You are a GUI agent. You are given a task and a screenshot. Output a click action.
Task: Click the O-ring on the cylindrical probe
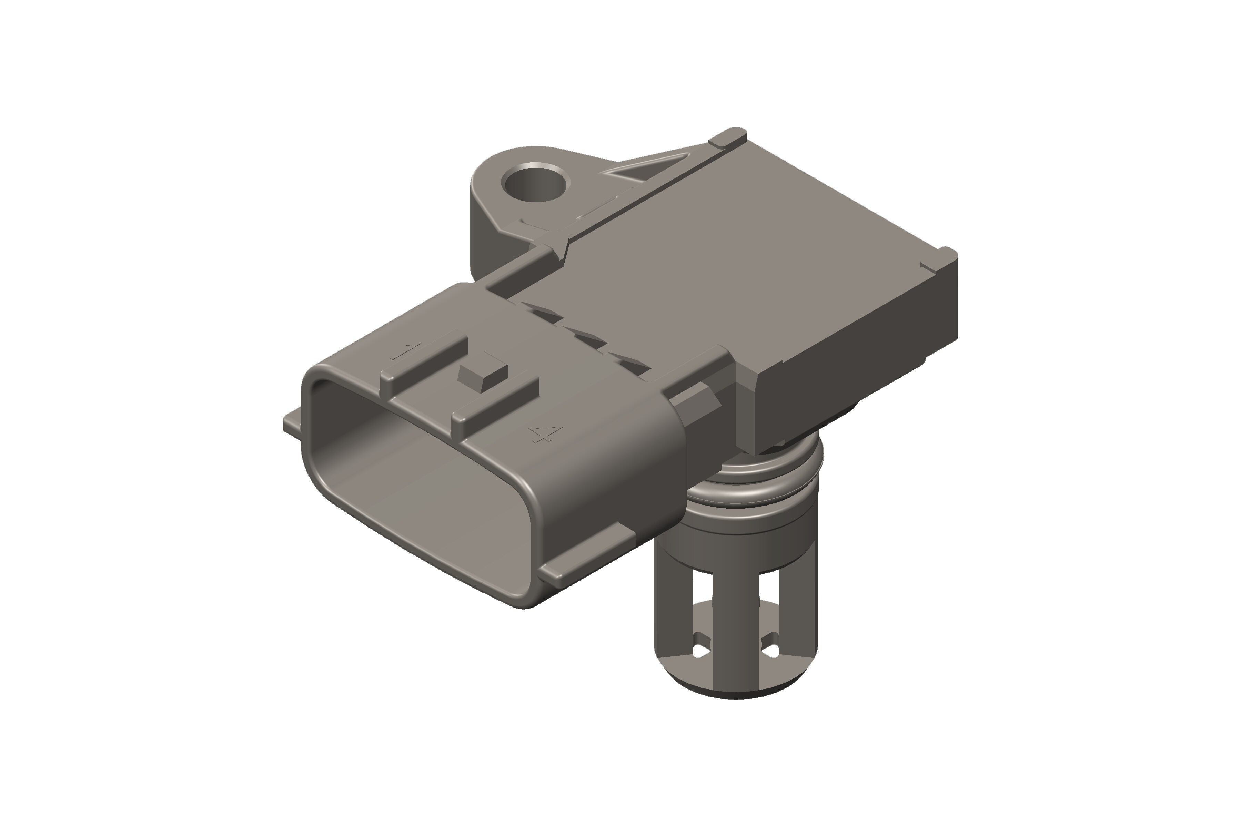click(755, 488)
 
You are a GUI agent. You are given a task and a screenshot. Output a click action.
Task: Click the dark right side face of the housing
click(855, 364)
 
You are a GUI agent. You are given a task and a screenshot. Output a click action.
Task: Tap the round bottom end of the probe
click(736, 686)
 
